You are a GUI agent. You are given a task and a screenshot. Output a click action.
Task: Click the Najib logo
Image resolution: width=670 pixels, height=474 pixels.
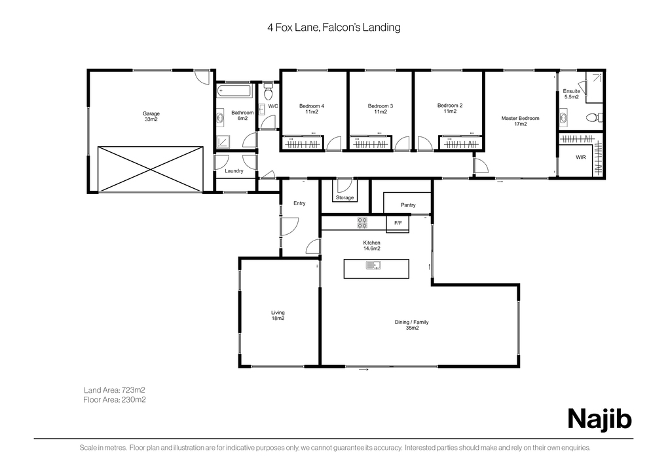tap(599, 419)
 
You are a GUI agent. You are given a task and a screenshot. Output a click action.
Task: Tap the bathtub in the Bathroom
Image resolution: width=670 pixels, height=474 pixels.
tap(235, 90)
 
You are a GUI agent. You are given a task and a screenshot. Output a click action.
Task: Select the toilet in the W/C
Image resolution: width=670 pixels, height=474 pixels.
tap(269, 92)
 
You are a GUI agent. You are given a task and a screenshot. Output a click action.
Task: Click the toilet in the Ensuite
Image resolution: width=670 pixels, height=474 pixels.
tap(595, 117)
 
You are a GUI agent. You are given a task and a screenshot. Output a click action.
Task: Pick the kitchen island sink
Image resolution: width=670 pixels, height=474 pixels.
tap(373, 266)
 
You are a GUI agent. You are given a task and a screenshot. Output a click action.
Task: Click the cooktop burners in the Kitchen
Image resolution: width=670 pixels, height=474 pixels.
tap(362, 223)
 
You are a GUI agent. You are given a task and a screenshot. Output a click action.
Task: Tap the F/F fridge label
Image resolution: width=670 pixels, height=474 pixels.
tap(398, 223)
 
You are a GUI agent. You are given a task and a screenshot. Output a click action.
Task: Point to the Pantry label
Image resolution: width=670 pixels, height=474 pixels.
tap(408, 205)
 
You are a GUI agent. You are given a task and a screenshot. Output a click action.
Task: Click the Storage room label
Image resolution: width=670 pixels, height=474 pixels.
tap(345, 197)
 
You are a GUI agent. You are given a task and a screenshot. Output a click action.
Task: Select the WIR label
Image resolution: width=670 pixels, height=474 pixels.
tap(581, 157)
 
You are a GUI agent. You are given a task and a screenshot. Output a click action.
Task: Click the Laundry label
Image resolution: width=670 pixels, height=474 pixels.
tap(234, 170)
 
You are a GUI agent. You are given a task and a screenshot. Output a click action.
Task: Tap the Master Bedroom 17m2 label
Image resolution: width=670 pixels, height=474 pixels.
tap(521, 121)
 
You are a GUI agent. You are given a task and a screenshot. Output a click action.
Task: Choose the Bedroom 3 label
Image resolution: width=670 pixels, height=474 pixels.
tap(381, 106)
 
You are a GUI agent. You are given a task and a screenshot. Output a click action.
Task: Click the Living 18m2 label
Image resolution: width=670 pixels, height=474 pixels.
tap(278, 315)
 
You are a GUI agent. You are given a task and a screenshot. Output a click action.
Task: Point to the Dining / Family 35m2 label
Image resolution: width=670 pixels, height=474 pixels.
tap(411, 325)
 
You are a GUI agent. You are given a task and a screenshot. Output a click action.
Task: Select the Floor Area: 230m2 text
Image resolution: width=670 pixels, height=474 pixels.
tap(115, 400)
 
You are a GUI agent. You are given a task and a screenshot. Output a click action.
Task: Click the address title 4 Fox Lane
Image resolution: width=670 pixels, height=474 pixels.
tap(293, 28)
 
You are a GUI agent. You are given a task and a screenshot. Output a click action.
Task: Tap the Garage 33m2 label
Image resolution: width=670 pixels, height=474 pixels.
tap(151, 116)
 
